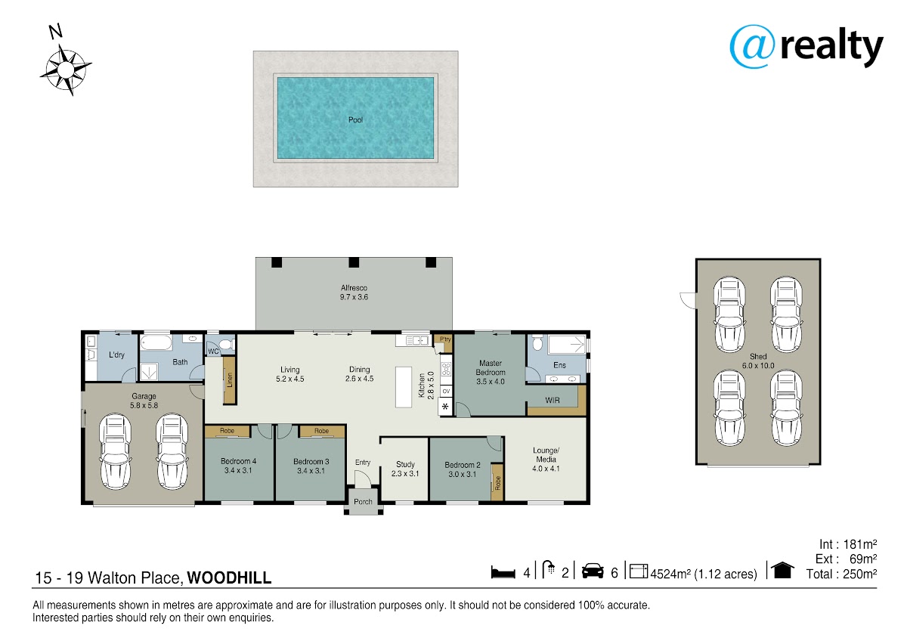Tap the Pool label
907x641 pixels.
(x=355, y=120)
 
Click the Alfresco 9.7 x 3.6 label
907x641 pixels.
(x=354, y=293)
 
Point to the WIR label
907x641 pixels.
(x=553, y=401)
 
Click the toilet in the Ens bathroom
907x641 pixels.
(x=537, y=342)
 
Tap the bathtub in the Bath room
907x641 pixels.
(x=156, y=342)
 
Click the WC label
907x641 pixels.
(x=213, y=351)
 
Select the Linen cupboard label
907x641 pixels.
(x=230, y=379)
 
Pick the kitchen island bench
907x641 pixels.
(x=404, y=387)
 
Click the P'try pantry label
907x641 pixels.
(x=445, y=339)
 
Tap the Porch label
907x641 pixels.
(x=363, y=502)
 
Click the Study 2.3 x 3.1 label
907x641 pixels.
(x=405, y=469)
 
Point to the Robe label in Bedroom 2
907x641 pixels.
(x=497, y=483)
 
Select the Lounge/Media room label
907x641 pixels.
(x=546, y=459)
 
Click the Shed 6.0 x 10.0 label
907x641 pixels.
(x=758, y=361)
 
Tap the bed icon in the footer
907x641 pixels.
(x=503, y=572)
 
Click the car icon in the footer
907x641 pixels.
(x=593, y=571)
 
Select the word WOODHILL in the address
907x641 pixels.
(x=229, y=578)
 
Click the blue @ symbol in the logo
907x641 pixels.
(x=752, y=47)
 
